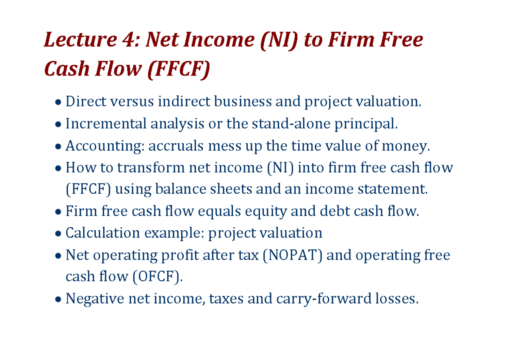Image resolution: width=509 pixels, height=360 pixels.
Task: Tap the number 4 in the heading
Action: tap(126, 41)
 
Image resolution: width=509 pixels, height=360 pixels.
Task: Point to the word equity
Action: tap(270, 211)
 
